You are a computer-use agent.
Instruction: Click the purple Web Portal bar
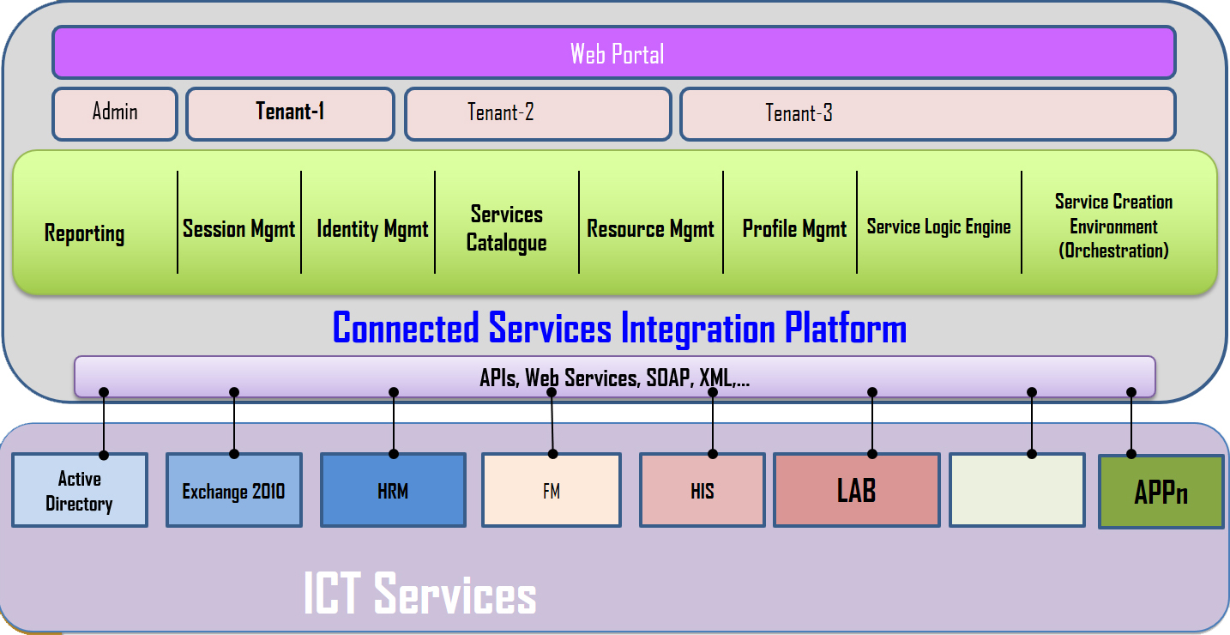click(x=614, y=52)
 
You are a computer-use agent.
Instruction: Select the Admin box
click(x=115, y=114)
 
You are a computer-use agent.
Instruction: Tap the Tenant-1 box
click(x=290, y=114)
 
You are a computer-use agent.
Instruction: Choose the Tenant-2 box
click(x=538, y=114)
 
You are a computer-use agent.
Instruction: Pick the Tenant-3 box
click(x=928, y=114)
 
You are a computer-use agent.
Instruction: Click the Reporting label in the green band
click(x=85, y=233)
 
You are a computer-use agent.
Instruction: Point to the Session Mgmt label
click(x=238, y=229)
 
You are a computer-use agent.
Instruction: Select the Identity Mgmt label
click(x=372, y=229)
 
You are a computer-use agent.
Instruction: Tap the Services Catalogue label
click(x=506, y=228)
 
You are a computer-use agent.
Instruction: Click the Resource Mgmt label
click(x=651, y=229)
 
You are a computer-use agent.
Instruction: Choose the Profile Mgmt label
click(x=794, y=229)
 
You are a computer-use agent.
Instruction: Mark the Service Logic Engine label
click(x=939, y=227)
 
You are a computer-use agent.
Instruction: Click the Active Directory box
click(x=80, y=490)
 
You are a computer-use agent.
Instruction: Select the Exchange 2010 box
click(x=234, y=490)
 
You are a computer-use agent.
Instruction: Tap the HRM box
click(x=393, y=490)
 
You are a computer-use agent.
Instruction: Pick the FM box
click(x=552, y=490)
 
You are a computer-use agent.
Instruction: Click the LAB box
click(x=857, y=490)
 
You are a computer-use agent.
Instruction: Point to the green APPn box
click(x=1161, y=492)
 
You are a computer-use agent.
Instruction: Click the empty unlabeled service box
click(x=1017, y=490)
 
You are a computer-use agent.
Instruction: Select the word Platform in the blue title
click(x=846, y=329)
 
